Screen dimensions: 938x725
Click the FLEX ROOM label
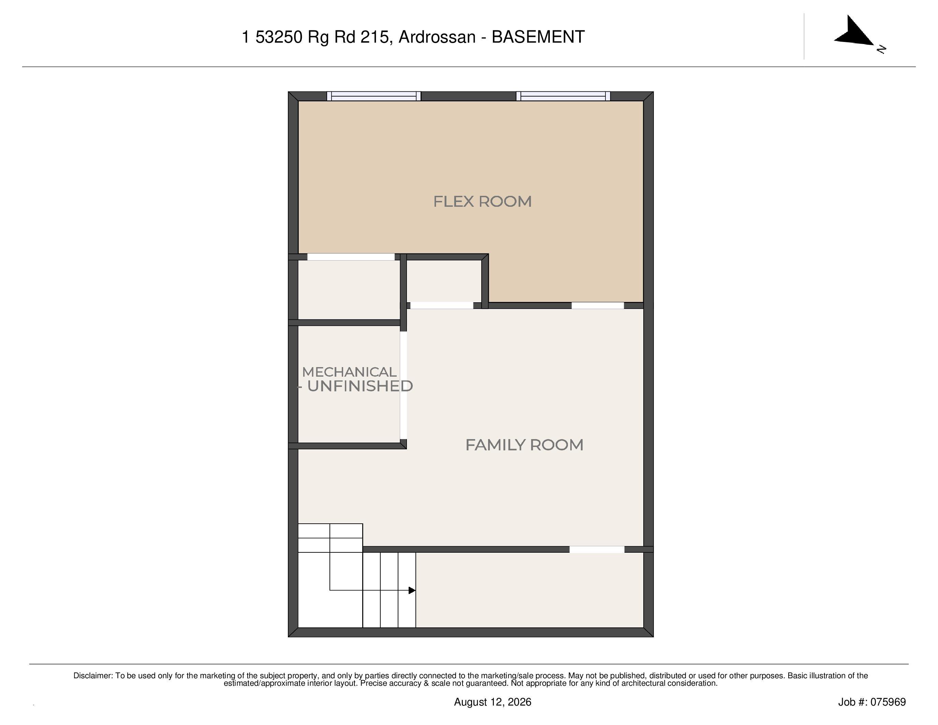482,201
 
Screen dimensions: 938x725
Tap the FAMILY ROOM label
524,445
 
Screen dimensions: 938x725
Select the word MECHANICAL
349,372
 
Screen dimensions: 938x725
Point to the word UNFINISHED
360,386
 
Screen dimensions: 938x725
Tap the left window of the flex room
373,96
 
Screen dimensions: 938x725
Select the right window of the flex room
563,96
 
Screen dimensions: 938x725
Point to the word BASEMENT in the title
538,37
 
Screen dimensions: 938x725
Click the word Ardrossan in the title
437,37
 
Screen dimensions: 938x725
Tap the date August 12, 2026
493,702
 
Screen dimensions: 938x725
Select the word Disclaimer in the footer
93,676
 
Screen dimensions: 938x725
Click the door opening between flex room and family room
597,305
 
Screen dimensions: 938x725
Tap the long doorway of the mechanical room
403,385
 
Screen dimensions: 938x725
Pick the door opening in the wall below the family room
597,549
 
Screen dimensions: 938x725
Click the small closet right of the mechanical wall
444,281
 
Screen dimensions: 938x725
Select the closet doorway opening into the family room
442,305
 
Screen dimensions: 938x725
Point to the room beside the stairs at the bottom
530,590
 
